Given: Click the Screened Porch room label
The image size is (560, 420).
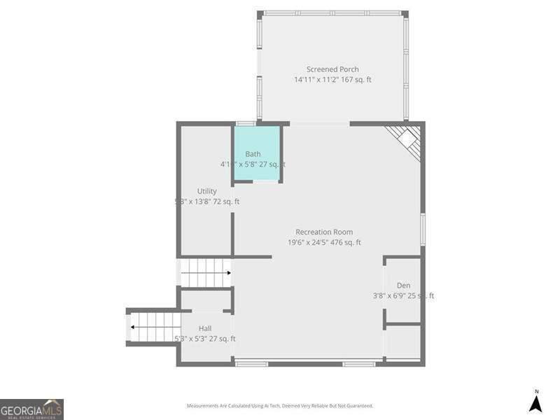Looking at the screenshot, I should pyautogui.click(x=332, y=69).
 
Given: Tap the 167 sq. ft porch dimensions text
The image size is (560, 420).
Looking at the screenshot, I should pyautogui.click(x=332, y=80).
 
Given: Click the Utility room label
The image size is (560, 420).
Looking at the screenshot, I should pyautogui.click(x=206, y=191).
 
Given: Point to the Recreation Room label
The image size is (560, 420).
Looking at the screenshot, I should pyautogui.click(x=324, y=232).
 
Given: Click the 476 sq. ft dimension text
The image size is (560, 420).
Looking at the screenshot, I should pyautogui.click(x=324, y=243).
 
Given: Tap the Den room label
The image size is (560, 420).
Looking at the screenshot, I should pyautogui.click(x=403, y=286).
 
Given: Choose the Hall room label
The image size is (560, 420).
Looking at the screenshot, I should pyautogui.click(x=205, y=328).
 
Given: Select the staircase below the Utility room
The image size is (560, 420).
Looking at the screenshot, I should pyautogui.click(x=206, y=273).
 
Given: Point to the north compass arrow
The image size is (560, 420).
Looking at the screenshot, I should pyautogui.click(x=535, y=402).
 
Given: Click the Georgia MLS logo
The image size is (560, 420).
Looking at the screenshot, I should pyautogui.click(x=31, y=409).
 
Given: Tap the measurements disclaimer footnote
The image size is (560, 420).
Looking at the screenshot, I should pyautogui.click(x=279, y=406).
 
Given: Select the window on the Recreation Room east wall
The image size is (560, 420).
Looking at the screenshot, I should pyautogui.click(x=423, y=230).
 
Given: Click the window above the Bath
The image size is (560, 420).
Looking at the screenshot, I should pyautogui.click(x=245, y=123).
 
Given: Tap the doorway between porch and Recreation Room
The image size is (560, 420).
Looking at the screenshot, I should pyautogui.click(x=319, y=123).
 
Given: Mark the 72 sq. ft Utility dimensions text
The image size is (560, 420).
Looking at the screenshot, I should pyautogui.click(x=206, y=202).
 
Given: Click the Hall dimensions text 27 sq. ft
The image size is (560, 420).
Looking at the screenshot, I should pyautogui.click(x=205, y=339).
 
